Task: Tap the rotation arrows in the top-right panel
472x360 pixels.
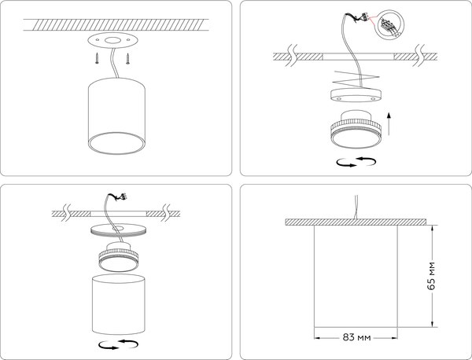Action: [x=355, y=162]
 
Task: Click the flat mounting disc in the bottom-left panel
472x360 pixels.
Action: [x=118, y=230]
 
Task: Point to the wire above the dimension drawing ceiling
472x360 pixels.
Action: [x=359, y=204]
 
